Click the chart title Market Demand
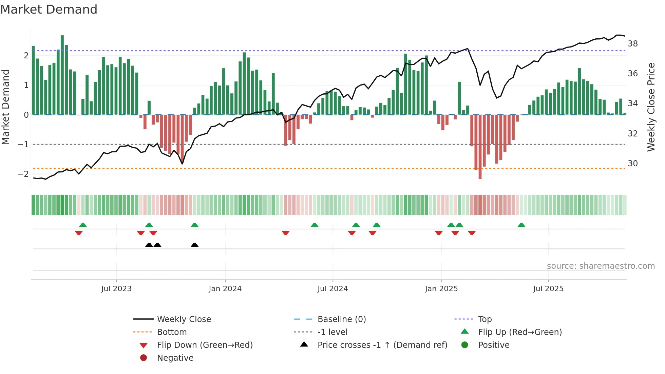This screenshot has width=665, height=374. pyautogui.click(x=49, y=10)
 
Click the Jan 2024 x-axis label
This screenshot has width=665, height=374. pyautogui.click(x=225, y=289)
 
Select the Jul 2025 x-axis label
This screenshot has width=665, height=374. pyautogui.click(x=548, y=289)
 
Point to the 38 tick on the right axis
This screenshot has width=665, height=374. pyautogui.click(x=632, y=44)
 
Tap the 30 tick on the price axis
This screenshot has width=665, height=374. pyautogui.click(x=632, y=164)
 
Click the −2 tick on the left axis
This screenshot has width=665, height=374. pyautogui.click(x=23, y=174)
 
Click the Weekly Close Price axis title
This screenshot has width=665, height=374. pyautogui.click(x=651, y=107)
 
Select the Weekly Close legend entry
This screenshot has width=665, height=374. pyautogui.click(x=184, y=319)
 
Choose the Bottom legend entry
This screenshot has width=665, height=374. pyautogui.click(x=172, y=332)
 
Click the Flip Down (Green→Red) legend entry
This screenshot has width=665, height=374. pyautogui.click(x=205, y=345)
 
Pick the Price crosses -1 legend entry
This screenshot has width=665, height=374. pyautogui.click(x=382, y=345)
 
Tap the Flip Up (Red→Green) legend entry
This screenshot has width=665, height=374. pyautogui.click(x=520, y=332)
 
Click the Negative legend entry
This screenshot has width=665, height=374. pyautogui.click(x=175, y=358)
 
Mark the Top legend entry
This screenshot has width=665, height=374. pyautogui.click(x=484, y=319)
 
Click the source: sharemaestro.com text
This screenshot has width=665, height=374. pyautogui.click(x=601, y=266)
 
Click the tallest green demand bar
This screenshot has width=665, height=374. pyautogui.click(x=62, y=75)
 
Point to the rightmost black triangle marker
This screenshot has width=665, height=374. pyautogui.click(x=194, y=245)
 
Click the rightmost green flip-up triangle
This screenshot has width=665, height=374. pyautogui.click(x=521, y=225)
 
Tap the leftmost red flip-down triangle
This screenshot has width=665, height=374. pyautogui.click(x=79, y=233)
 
